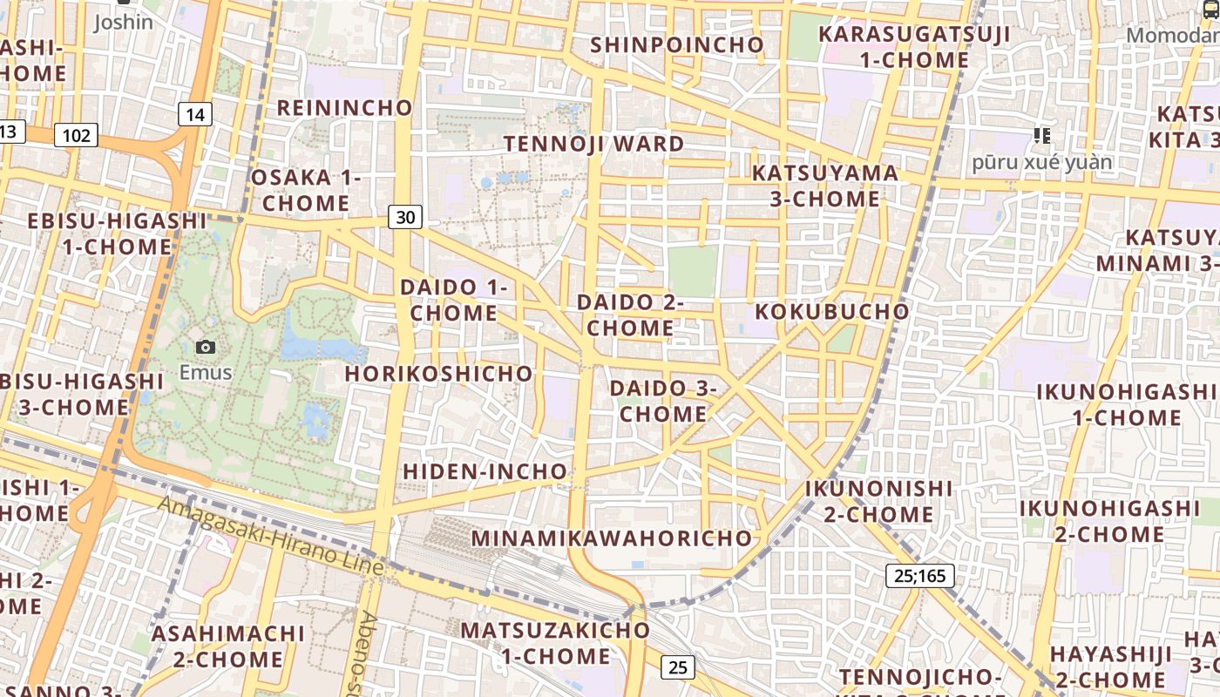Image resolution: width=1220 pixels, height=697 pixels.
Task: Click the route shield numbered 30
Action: coord(405,217)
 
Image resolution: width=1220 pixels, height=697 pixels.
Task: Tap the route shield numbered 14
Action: coord(195,113)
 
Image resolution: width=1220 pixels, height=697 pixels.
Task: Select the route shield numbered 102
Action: coord(76,135)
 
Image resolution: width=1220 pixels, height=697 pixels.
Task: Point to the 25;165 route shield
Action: coord(920,575)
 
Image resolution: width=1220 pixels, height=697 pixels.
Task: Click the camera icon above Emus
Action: coord(206,347)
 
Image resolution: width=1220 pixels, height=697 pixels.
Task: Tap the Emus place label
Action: coord(206,373)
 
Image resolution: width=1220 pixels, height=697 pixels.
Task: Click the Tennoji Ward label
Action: coord(593,144)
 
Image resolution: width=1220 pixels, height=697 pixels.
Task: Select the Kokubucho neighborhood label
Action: coord(831,311)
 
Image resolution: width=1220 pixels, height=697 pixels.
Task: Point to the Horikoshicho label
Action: coord(438,373)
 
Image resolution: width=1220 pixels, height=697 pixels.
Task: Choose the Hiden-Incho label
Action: coord(485,471)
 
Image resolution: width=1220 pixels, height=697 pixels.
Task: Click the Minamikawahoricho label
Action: coord(611,538)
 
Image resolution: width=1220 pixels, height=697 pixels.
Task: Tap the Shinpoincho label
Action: coord(677,44)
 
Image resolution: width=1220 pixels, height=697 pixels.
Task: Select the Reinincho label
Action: coord(344,107)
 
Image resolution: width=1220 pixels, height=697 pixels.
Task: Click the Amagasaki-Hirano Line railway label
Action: coord(271,534)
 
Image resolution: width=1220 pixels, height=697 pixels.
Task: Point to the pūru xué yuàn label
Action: coord(1042,162)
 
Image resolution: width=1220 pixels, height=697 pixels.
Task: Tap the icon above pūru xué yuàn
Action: coord(1041,135)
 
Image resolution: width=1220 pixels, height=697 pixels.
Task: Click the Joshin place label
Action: coord(123,22)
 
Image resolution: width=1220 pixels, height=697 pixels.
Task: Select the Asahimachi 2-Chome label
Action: coord(228,646)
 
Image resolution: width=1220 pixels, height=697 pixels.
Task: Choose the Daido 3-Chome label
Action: coord(663,401)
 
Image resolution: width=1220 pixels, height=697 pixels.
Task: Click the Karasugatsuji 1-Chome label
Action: coord(914,47)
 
